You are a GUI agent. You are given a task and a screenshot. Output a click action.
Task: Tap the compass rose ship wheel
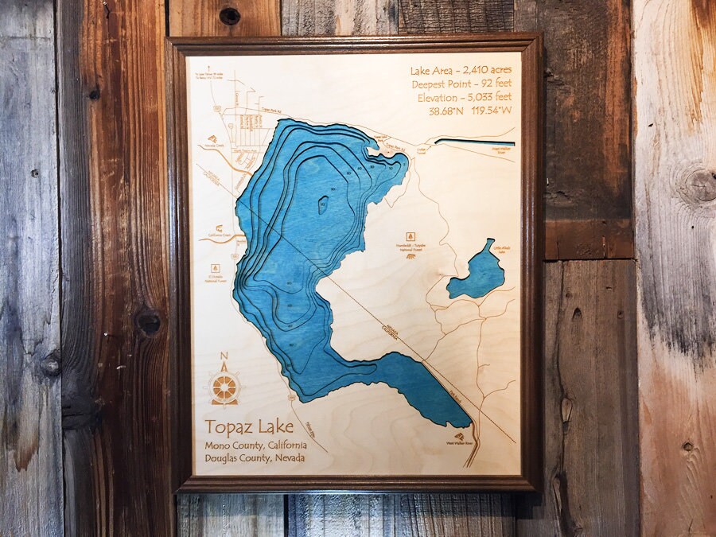pos(224,387)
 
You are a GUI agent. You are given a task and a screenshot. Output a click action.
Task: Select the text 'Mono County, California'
pos(255,445)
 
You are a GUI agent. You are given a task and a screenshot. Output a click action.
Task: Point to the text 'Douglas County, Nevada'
pos(255,458)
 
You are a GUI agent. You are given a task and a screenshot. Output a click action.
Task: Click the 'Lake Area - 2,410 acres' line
pos(466,70)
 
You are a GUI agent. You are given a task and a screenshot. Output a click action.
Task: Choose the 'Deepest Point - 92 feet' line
pos(466,84)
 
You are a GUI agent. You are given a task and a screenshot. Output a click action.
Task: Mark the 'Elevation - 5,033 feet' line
pos(466,97)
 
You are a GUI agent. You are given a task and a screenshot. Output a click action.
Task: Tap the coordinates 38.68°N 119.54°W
pos(470,111)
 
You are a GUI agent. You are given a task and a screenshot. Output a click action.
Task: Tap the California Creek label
pos(220,235)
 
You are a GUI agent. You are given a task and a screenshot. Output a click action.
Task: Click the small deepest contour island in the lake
pos(322,205)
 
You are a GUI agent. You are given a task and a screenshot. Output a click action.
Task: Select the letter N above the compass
pos(224,356)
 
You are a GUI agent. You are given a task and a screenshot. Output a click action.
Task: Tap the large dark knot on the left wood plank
pos(147,322)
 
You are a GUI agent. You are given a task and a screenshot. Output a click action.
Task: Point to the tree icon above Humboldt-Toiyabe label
pos(411,236)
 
